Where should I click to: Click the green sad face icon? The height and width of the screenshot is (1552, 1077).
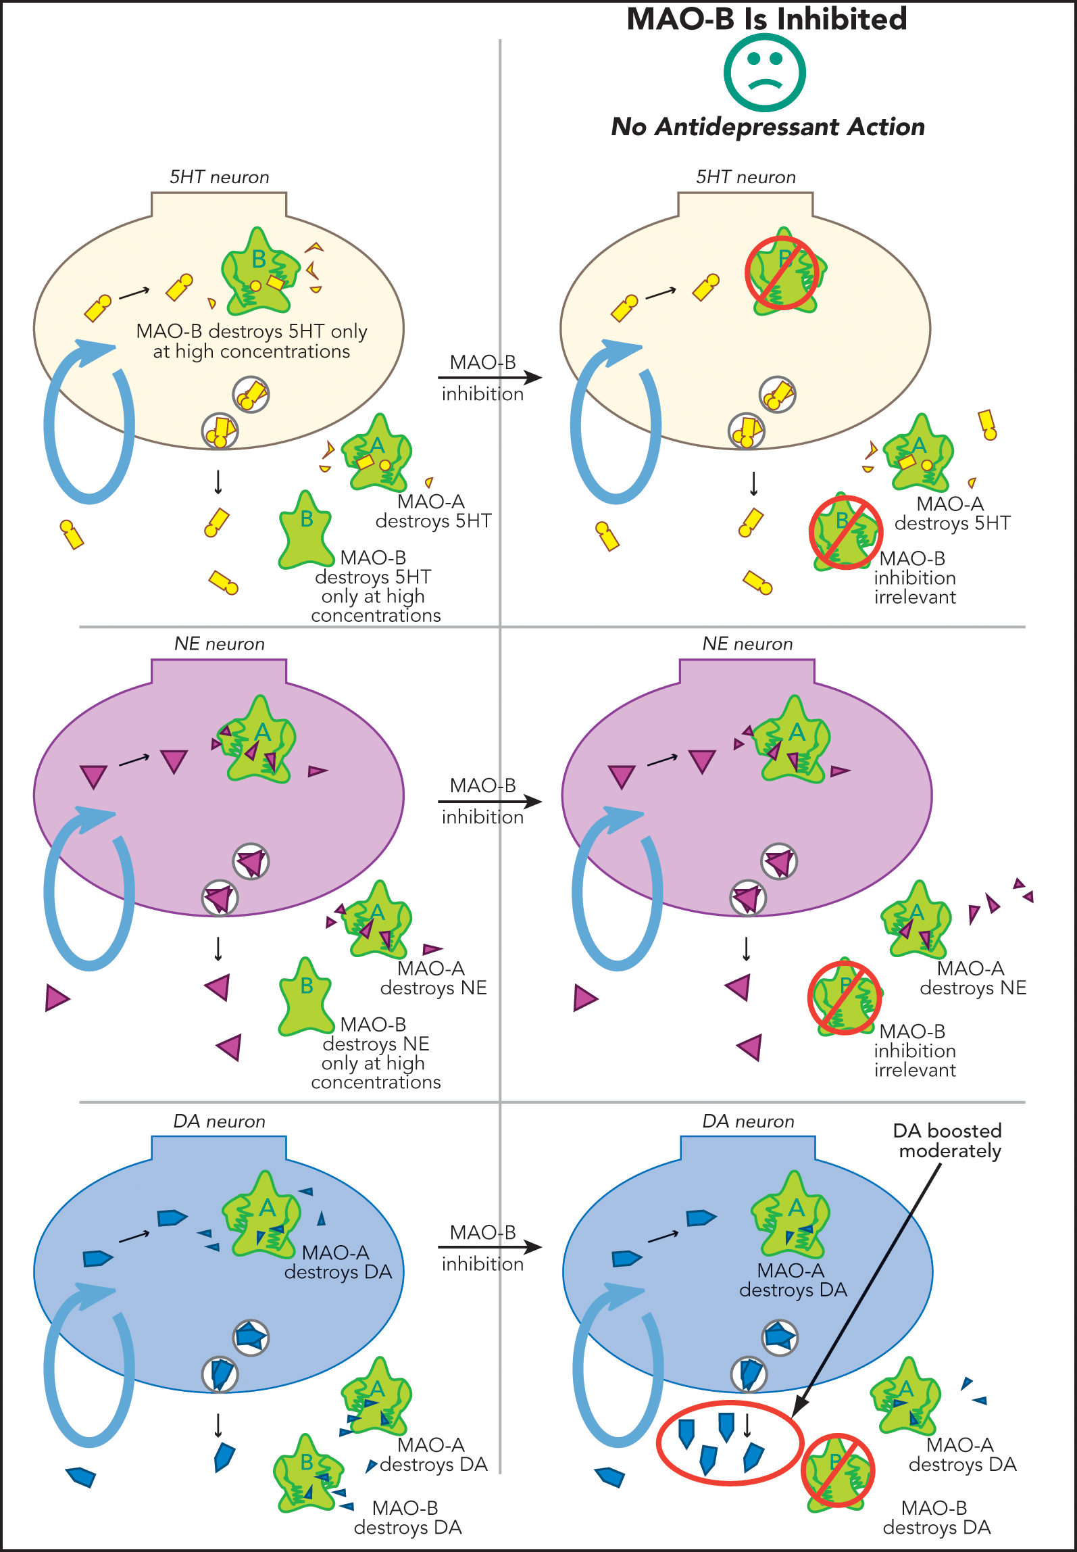(764, 73)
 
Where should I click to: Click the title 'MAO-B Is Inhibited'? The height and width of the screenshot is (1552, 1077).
(767, 19)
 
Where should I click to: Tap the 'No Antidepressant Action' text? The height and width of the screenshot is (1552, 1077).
(768, 127)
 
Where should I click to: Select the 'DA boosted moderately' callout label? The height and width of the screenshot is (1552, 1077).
(948, 1141)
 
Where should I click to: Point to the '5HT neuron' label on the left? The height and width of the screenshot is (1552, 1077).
(219, 177)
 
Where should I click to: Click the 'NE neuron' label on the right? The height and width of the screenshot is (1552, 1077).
(747, 644)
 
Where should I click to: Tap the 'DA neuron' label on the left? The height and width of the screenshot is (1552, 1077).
(219, 1121)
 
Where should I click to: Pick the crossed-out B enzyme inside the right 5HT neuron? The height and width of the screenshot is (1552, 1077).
(784, 273)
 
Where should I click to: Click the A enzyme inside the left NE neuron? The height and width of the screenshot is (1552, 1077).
(259, 741)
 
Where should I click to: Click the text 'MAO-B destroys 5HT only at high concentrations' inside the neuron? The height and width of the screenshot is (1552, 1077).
(251, 341)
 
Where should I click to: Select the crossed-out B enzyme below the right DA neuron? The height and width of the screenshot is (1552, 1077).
(838, 1471)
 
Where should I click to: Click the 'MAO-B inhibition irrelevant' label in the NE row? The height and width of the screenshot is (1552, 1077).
(915, 1051)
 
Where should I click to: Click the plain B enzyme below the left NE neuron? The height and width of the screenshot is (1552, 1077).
(305, 998)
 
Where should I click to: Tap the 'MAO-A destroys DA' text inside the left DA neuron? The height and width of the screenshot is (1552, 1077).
(338, 1263)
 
